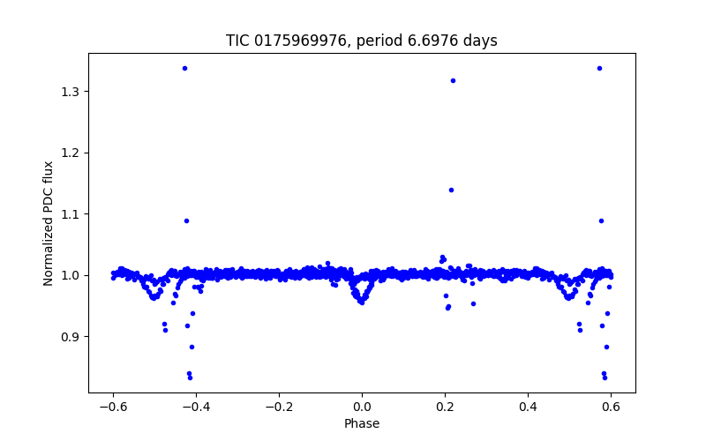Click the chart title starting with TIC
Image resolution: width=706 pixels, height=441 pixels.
[x=362, y=41]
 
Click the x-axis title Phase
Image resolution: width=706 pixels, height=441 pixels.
[x=362, y=423]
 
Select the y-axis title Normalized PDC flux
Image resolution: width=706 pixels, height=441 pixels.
[x=49, y=223]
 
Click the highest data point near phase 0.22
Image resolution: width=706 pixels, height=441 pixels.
[x=453, y=80]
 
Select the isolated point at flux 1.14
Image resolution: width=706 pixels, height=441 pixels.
[x=451, y=190]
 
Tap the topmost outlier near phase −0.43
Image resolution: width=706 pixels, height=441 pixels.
[x=184, y=68]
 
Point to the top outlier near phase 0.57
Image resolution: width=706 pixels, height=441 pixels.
[x=599, y=68]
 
